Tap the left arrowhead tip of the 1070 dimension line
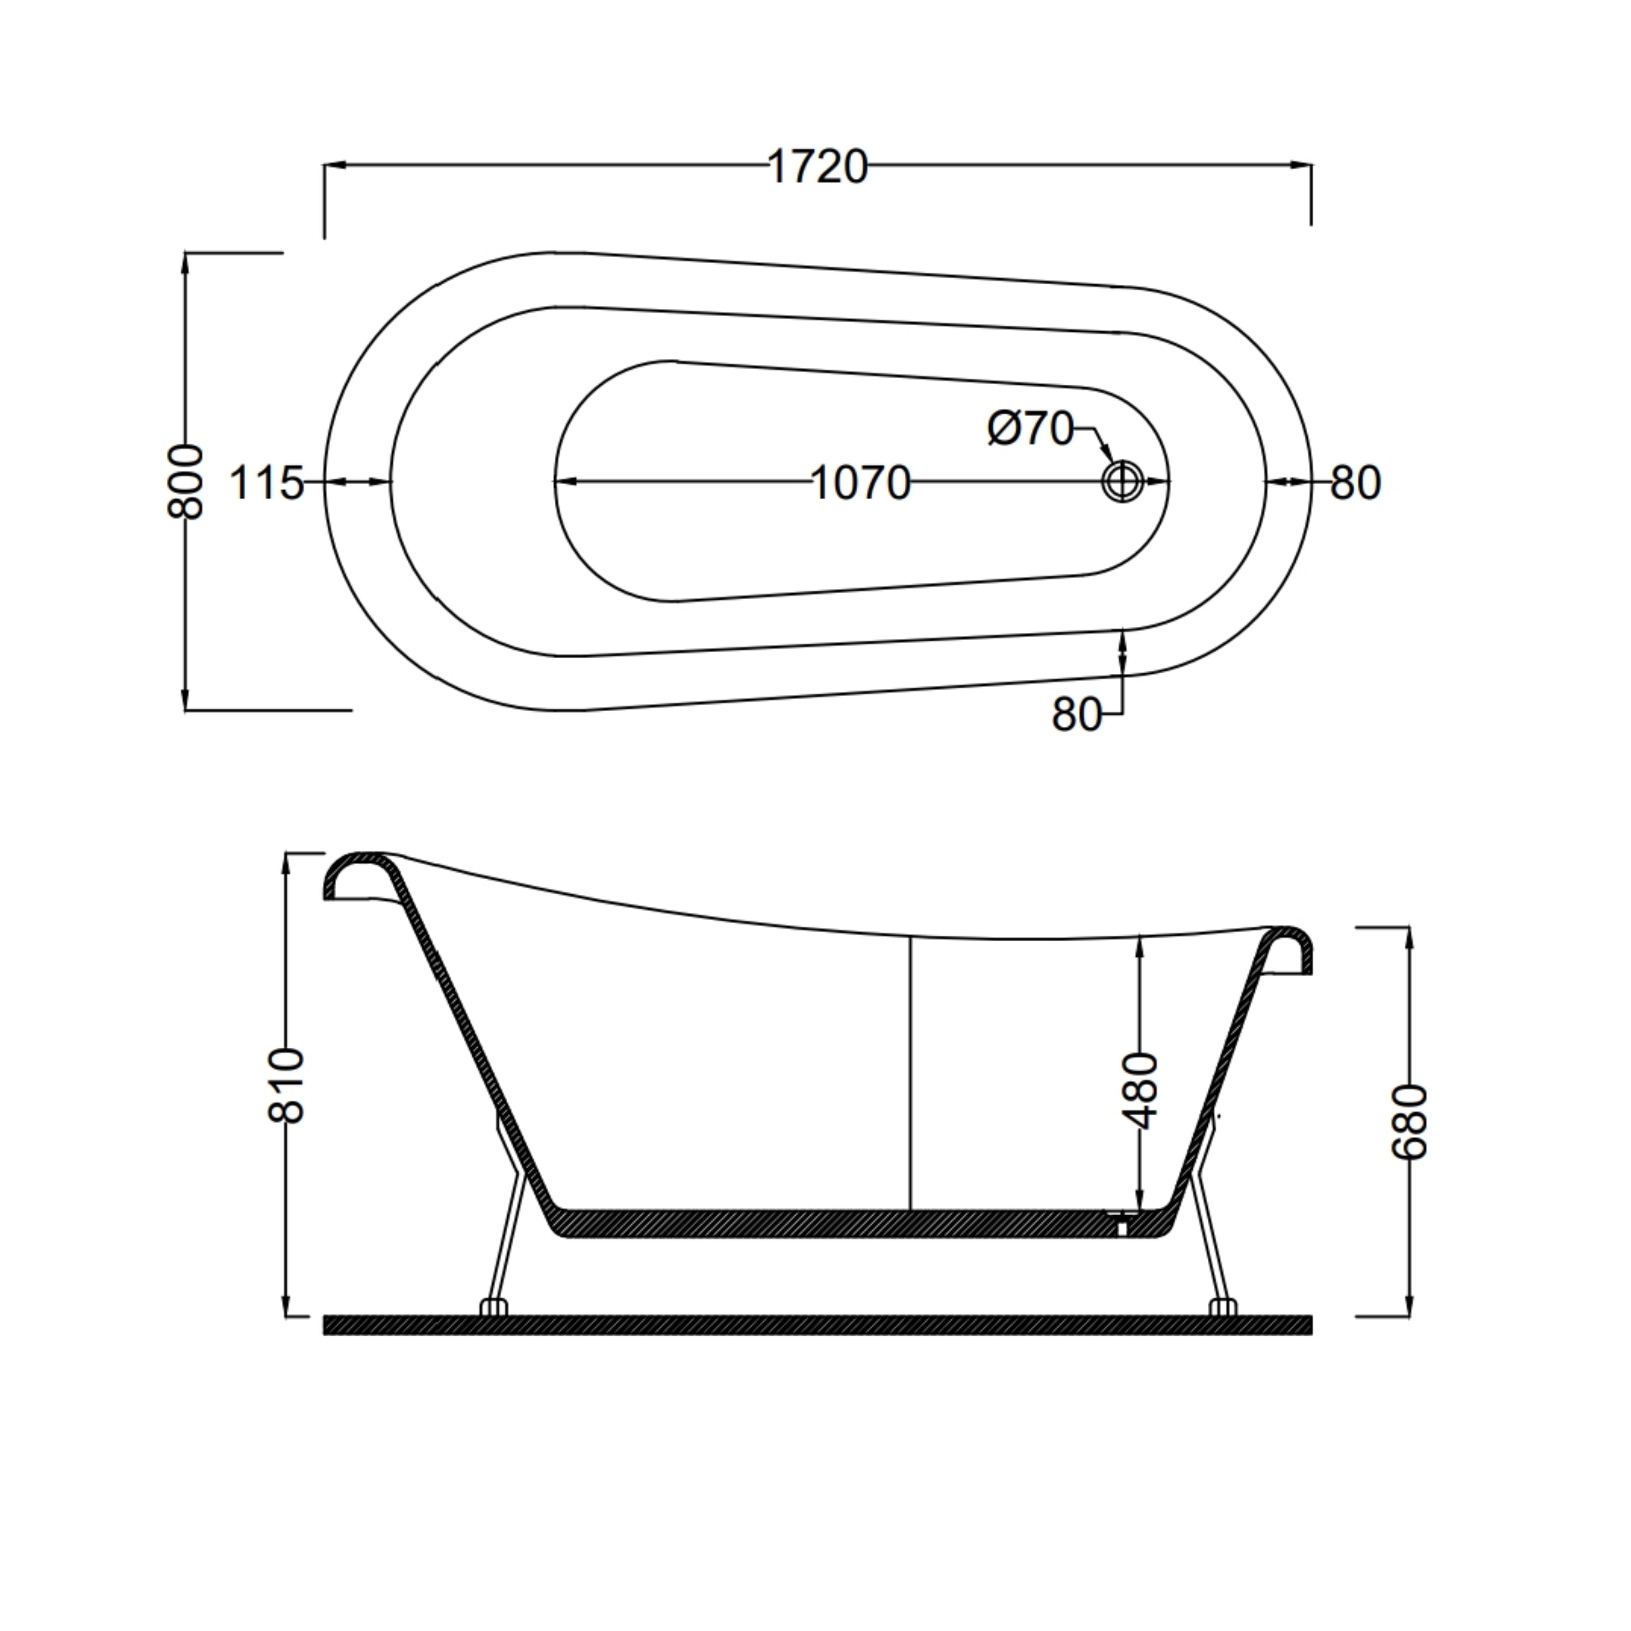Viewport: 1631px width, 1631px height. [x=555, y=483]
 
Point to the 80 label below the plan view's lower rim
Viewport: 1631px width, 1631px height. [x=1077, y=715]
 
